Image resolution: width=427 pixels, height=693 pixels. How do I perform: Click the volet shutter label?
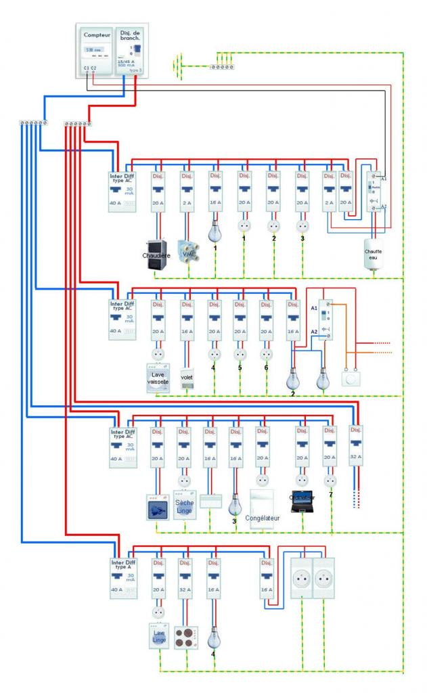coord(187,378)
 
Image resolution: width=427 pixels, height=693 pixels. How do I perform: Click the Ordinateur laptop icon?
coord(301,501)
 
